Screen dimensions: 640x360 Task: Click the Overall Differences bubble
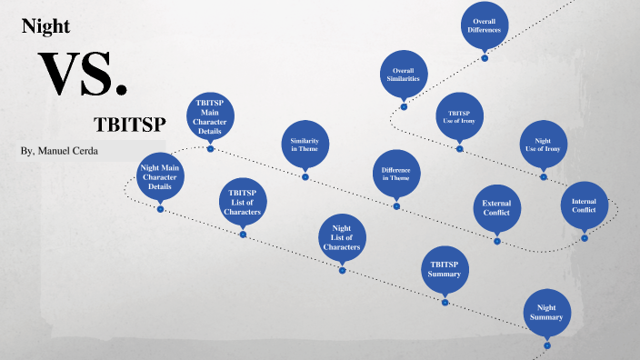485,25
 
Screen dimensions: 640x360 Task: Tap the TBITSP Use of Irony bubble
459,115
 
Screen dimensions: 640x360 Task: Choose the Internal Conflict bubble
584,205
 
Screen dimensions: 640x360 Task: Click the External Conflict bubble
496,207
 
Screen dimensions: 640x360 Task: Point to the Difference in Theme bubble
396,173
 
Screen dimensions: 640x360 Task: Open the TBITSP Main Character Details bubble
210,117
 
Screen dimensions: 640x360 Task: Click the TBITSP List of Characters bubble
243,202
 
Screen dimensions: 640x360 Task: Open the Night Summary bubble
546,312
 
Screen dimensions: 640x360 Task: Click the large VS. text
82,75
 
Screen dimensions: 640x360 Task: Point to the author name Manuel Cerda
58,150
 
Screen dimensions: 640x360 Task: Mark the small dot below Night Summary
546,345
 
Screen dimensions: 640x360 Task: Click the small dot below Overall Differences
485,57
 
